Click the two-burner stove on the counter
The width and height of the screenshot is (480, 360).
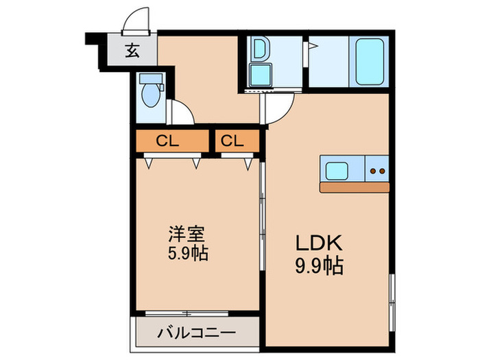[376, 169]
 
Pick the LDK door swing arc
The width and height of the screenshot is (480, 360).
[280, 108]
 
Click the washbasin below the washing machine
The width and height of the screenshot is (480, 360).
[261, 74]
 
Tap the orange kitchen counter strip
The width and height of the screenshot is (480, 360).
[354, 187]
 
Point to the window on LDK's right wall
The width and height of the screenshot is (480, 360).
[391, 295]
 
